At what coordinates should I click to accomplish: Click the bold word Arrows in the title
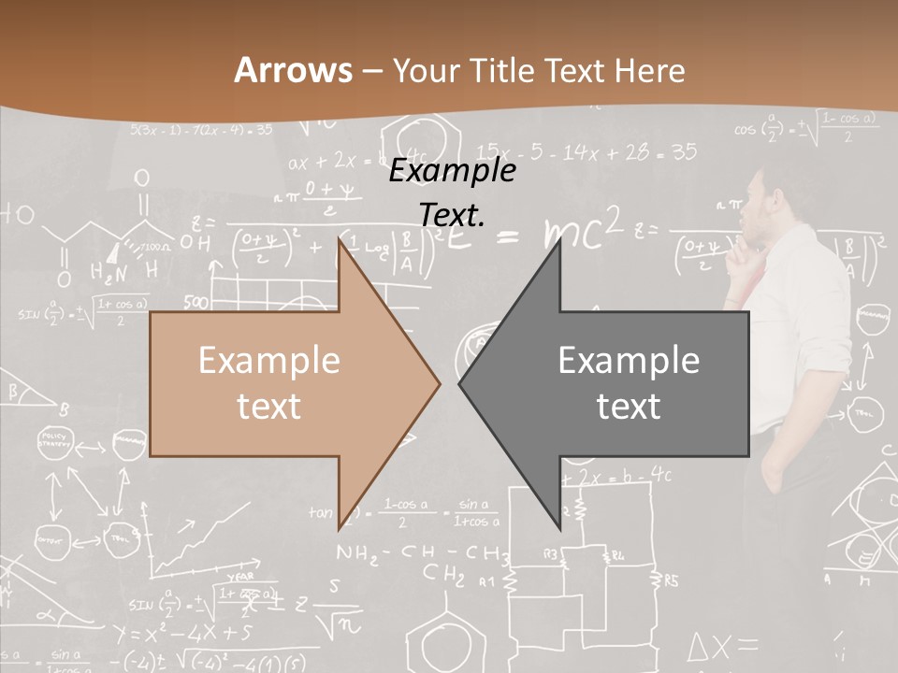294,70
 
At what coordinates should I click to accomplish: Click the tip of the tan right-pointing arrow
438,383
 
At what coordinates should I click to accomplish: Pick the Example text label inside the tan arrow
269,383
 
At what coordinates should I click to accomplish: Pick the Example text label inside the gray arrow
629,383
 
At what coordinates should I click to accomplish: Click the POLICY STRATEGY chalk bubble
54,438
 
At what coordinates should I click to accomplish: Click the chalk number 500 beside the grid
196,303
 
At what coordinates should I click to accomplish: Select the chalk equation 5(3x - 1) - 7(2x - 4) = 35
201,129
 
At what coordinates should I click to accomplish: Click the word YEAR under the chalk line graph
239,577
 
